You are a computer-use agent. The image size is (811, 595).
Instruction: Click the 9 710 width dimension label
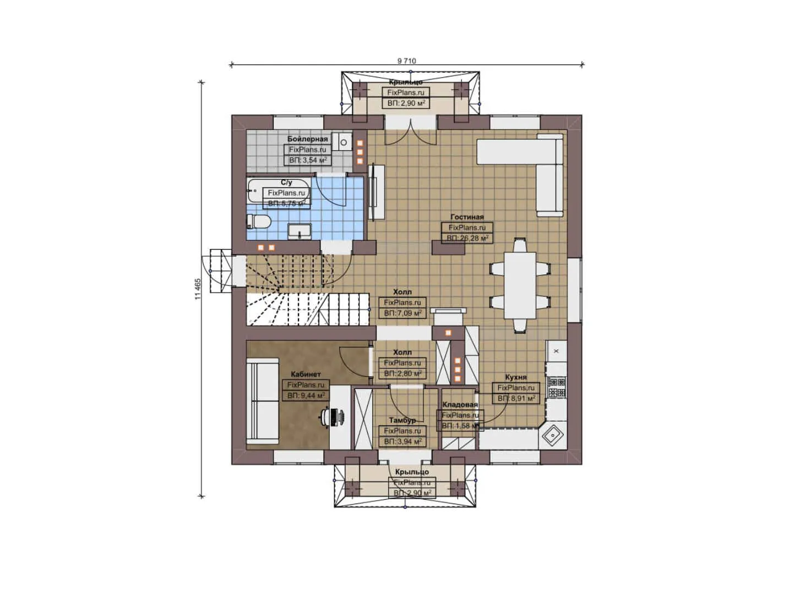click(407, 61)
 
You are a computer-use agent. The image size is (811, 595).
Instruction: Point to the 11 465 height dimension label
click(198, 289)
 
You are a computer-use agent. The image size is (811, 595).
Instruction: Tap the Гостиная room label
click(467, 217)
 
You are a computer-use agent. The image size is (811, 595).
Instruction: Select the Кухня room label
click(516, 377)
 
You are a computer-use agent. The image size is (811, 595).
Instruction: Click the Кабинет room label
click(306, 375)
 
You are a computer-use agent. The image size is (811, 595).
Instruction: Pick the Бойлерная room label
click(307, 139)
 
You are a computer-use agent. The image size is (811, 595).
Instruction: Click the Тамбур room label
click(402, 420)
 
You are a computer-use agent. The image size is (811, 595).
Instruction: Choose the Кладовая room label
click(460, 405)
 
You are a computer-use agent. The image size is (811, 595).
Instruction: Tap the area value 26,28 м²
click(467, 238)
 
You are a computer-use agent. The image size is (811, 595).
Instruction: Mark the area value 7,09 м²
click(402, 313)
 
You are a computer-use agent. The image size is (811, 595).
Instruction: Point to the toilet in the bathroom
click(259, 221)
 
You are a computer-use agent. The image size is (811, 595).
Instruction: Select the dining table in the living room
click(520, 285)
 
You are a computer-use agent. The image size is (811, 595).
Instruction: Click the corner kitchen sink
click(552, 436)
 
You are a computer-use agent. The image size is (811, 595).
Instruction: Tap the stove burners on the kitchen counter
click(557, 387)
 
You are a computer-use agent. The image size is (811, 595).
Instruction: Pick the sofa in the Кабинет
click(263, 401)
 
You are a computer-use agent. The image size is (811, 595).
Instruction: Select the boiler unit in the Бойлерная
click(344, 143)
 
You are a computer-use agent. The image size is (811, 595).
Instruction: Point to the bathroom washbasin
click(300, 231)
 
